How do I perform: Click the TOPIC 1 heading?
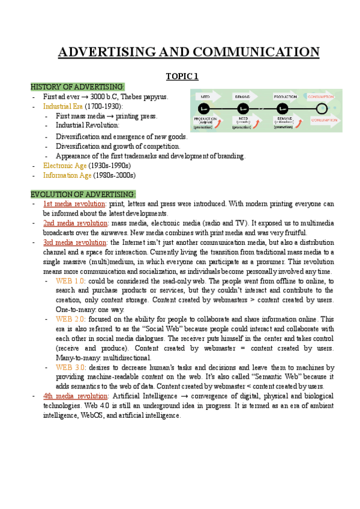tap(181, 76)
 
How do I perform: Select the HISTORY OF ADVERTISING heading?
tap(77, 86)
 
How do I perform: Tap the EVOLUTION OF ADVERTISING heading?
tap(83, 194)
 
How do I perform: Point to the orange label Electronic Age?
tap(65, 166)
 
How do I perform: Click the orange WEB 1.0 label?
tap(70, 281)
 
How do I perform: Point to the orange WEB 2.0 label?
tap(70, 319)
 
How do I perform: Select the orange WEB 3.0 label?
tap(70, 367)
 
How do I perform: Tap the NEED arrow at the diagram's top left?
tap(205, 96)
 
